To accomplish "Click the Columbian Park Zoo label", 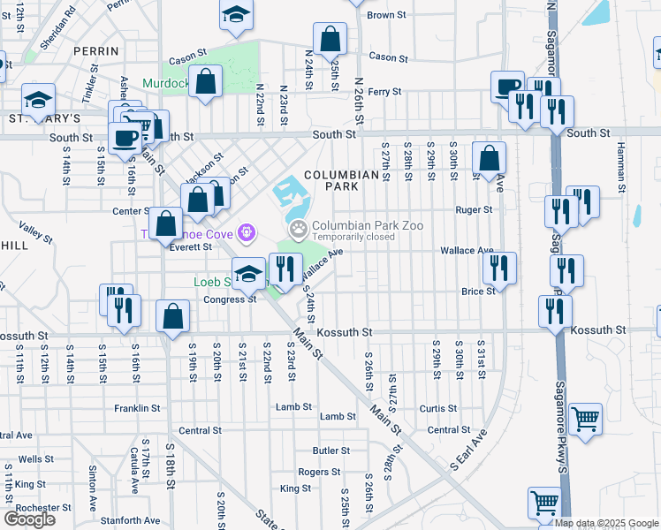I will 367,226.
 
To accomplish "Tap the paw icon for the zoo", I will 300,231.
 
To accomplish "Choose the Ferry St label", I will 384,92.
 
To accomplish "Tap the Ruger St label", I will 474,210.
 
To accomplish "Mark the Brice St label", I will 477,291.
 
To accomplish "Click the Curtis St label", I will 438,409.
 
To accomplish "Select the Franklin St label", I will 137,409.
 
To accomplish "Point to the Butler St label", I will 331,450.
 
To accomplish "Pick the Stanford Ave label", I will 130,521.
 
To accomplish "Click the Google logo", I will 30,519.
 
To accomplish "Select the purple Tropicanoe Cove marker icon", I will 246,233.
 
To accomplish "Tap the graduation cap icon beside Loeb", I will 248,272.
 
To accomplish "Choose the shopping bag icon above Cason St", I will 330,39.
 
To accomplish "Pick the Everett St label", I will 190,247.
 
